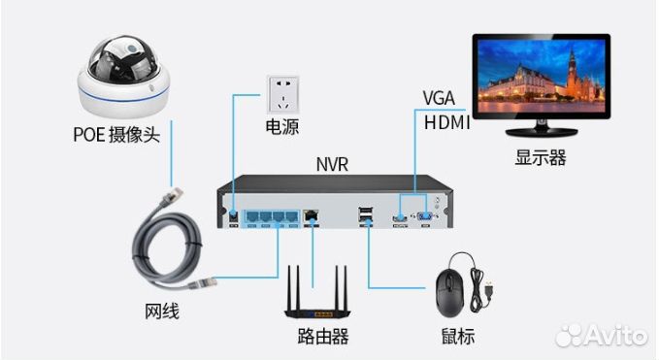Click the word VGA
click(x=439, y=98)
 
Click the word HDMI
click(x=446, y=122)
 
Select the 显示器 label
click(x=540, y=156)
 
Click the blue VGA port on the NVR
click(x=424, y=216)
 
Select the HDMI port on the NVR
click(x=398, y=216)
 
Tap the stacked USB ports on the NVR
click(x=366, y=215)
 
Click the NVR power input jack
click(x=234, y=212)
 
